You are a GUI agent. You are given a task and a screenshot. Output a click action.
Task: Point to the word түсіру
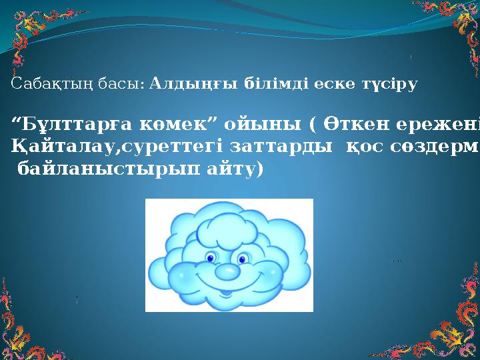click(390, 85)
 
